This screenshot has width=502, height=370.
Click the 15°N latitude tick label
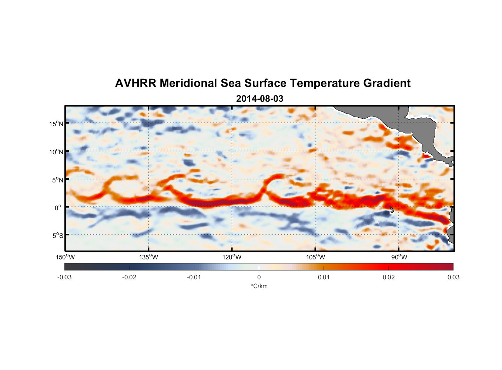click(56, 124)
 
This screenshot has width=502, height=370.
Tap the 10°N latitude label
click(56, 152)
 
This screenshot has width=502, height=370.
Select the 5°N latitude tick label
click(57, 180)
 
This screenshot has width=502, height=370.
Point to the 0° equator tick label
click(58, 208)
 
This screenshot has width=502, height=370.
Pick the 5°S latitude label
click(57, 235)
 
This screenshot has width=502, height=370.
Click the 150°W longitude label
click(65, 257)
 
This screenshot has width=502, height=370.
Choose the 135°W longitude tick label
click(148, 257)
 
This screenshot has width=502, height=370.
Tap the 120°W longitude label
click(232, 257)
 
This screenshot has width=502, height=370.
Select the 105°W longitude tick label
click(315, 257)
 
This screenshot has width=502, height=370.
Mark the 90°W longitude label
click(399, 257)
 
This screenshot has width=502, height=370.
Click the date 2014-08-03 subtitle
click(260, 99)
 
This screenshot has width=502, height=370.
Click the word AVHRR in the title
click(135, 83)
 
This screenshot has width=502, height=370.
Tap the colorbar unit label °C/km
click(259, 286)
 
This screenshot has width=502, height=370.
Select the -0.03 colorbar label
click(64, 277)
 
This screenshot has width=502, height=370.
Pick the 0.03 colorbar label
click(453, 277)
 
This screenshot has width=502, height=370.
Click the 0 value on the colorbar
click(259, 277)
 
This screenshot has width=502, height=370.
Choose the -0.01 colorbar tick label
click(194, 277)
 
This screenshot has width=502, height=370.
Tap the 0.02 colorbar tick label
click(388, 277)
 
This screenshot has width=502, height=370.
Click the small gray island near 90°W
click(392, 210)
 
